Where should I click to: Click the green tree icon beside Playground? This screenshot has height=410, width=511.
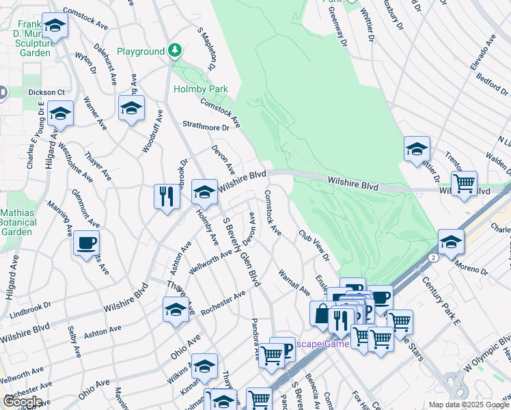(176, 50)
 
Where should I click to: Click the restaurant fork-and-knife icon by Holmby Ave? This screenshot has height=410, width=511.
(167, 197)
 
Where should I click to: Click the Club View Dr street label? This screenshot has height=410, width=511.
(314, 246)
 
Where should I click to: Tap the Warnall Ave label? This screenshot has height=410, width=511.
(294, 283)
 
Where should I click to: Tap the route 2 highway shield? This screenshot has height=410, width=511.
(433, 258)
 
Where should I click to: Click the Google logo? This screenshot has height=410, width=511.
(22, 401)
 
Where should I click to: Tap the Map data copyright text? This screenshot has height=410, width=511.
(468, 405)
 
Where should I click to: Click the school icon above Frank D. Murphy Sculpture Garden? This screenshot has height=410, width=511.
(55, 27)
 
